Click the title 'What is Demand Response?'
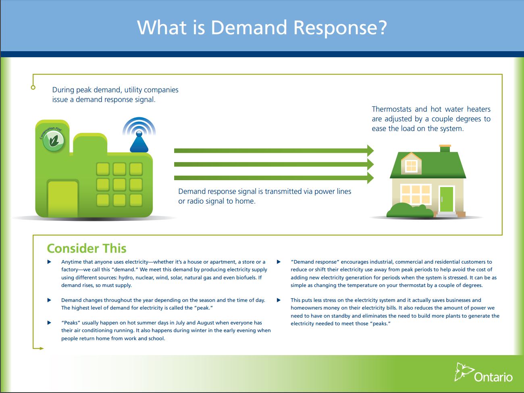pyautogui.click(x=262, y=27)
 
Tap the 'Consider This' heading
pyautogui.click(x=87, y=248)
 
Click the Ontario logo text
pyautogui.click(x=493, y=377)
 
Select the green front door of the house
pyautogui.click(x=447, y=199)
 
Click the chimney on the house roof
pyautogui.click(x=445, y=148)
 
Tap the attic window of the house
pyautogui.click(x=411, y=165)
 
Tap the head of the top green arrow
pyautogui.click(x=370, y=151)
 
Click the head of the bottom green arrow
pyautogui.click(x=370, y=178)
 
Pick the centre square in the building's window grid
pyautogui.click(x=119, y=185)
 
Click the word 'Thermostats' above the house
pyautogui.click(x=391, y=109)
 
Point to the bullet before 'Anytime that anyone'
pyautogui.click(x=50, y=262)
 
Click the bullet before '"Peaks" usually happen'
pyautogui.click(x=50, y=323)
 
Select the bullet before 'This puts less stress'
pyautogui.click(x=279, y=300)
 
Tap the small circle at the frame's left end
pyautogui.click(x=33, y=87)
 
